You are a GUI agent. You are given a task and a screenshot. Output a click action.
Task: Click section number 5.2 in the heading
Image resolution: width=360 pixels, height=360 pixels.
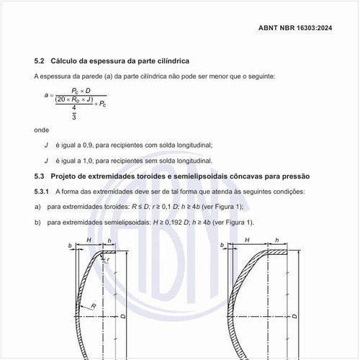(x=40, y=62)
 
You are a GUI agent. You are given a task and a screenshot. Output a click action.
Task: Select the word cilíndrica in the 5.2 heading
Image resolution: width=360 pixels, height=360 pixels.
(x=172, y=62)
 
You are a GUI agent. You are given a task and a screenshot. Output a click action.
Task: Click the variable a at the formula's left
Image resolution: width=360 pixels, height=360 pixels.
(x=45, y=94)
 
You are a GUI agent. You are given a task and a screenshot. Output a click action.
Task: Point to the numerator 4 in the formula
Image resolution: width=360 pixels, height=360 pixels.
(x=74, y=108)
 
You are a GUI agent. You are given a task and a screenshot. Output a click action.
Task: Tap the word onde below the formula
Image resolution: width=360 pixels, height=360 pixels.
(x=41, y=130)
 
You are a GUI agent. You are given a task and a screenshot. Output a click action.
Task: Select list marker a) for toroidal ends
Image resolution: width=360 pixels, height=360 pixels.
(x=37, y=207)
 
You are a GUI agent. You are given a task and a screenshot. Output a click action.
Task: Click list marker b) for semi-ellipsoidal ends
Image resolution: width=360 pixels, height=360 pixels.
(x=37, y=222)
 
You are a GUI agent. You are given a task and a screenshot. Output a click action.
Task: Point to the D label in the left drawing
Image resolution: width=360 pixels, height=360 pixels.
(x=124, y=315)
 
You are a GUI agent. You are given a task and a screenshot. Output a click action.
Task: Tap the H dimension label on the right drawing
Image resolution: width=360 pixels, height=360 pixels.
(x=246, y=240)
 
